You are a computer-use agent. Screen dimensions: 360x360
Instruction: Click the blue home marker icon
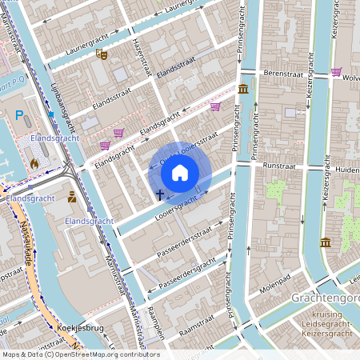[x=180, y=172]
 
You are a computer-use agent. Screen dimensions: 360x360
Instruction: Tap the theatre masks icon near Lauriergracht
[x=101, y=54]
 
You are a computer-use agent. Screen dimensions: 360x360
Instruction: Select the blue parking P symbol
[x=19, y=115]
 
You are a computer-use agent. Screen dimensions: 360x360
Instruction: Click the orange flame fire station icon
[x=34, y=163]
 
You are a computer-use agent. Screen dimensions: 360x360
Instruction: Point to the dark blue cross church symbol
[x=159, y=194]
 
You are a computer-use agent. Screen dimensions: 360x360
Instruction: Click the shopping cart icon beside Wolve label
[x=336, y=72]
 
